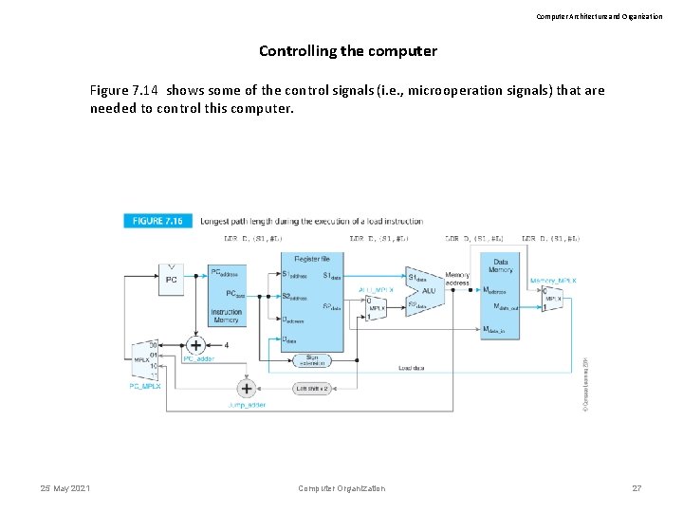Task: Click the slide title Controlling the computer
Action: [x=348, y=51]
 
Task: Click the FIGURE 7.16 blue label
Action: [x=158, y=221]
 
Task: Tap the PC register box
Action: [x=171, y=280]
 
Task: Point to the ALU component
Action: [x=426, y=290]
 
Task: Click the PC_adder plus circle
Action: [x=196, y=345]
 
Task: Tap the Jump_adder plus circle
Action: [x=247, y=388]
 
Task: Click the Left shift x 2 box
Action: [x=313, y=388]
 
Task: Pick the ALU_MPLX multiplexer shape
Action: [x=378, y=308]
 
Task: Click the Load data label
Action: [x=411, y=368]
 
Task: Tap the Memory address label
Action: [x=457, y=279]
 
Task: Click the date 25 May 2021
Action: [x=65, y=488]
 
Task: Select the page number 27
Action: [x=637, y=488]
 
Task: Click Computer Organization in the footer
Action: [x=341, y=488]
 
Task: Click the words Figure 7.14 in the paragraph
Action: [x=124, y=91]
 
